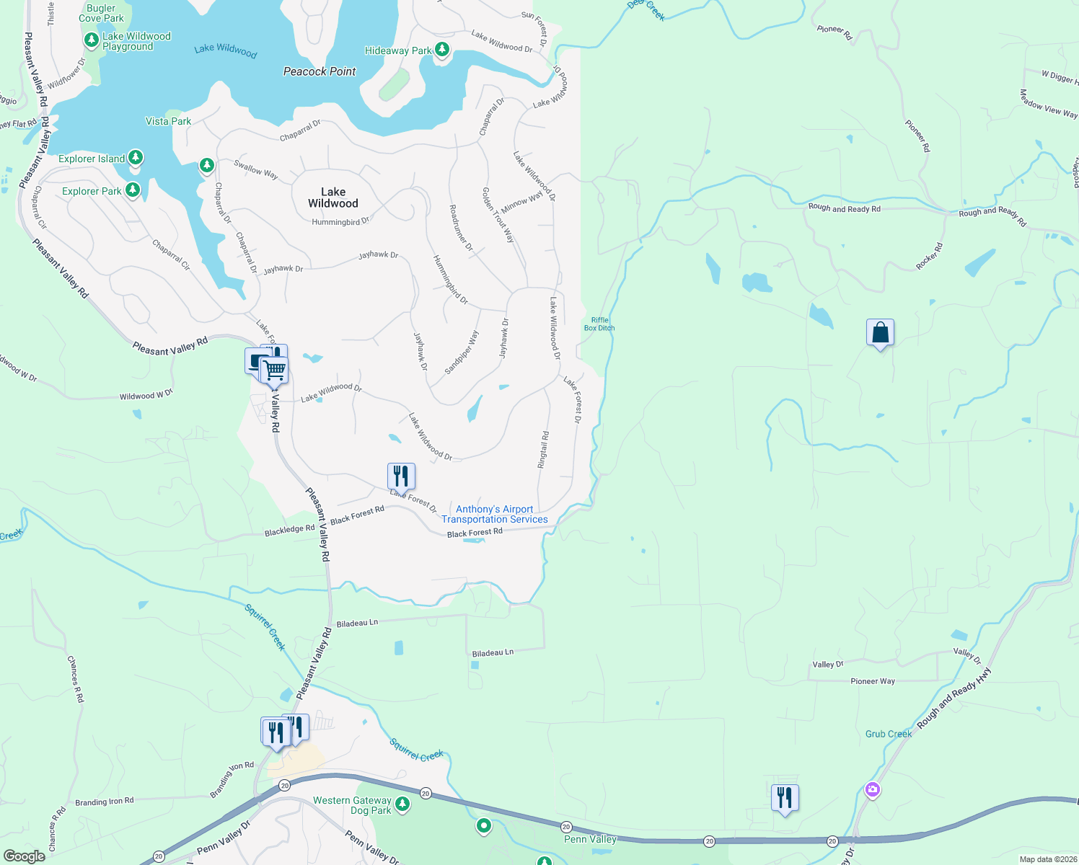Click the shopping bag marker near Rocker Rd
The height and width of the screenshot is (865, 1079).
point(880,333)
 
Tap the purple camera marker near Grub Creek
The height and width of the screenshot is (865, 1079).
point(873,790)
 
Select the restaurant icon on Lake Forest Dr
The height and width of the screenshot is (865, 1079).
point(401,476)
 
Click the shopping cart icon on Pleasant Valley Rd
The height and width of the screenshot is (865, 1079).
point(275,371)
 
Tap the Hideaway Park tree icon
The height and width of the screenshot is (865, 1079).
point(442,50)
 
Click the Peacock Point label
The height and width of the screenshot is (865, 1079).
point(320,71)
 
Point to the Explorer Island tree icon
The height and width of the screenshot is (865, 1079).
point(135,158)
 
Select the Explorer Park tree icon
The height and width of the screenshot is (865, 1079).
point(132,190)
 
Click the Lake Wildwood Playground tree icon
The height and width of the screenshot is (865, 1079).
point(91,40)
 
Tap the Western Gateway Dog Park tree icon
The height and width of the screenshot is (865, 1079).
point(402,804)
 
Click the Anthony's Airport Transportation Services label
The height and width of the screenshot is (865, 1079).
point(495,514)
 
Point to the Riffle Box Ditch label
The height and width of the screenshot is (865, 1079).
point(599,324)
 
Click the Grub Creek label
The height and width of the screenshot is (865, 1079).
point(889,734)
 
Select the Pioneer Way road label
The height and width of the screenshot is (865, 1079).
point(872,681)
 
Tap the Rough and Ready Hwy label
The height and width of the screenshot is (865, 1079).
point(954,698)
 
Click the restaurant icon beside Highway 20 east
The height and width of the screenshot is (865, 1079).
point(785,798)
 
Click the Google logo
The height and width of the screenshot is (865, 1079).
point(24,856)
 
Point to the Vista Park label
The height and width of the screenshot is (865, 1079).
point(168,121)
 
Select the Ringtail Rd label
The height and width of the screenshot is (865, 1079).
point(544,450)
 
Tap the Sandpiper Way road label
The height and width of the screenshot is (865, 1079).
point(462,352)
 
